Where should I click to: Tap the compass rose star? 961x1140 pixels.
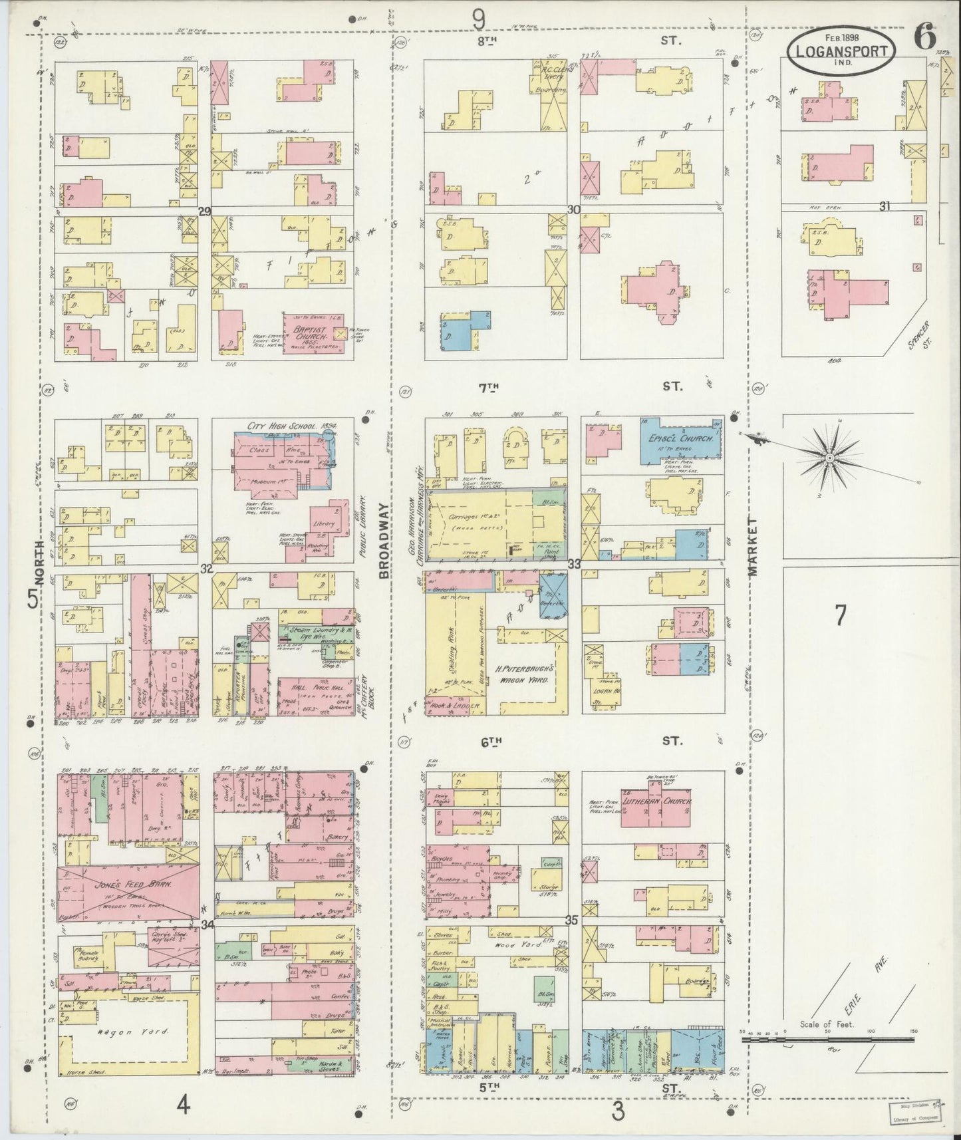coord(830,458)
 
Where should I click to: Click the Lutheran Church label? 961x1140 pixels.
coord(658,802)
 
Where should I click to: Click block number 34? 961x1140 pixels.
coord(207,924)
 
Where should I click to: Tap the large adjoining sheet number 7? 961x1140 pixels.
coord(840,615)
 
